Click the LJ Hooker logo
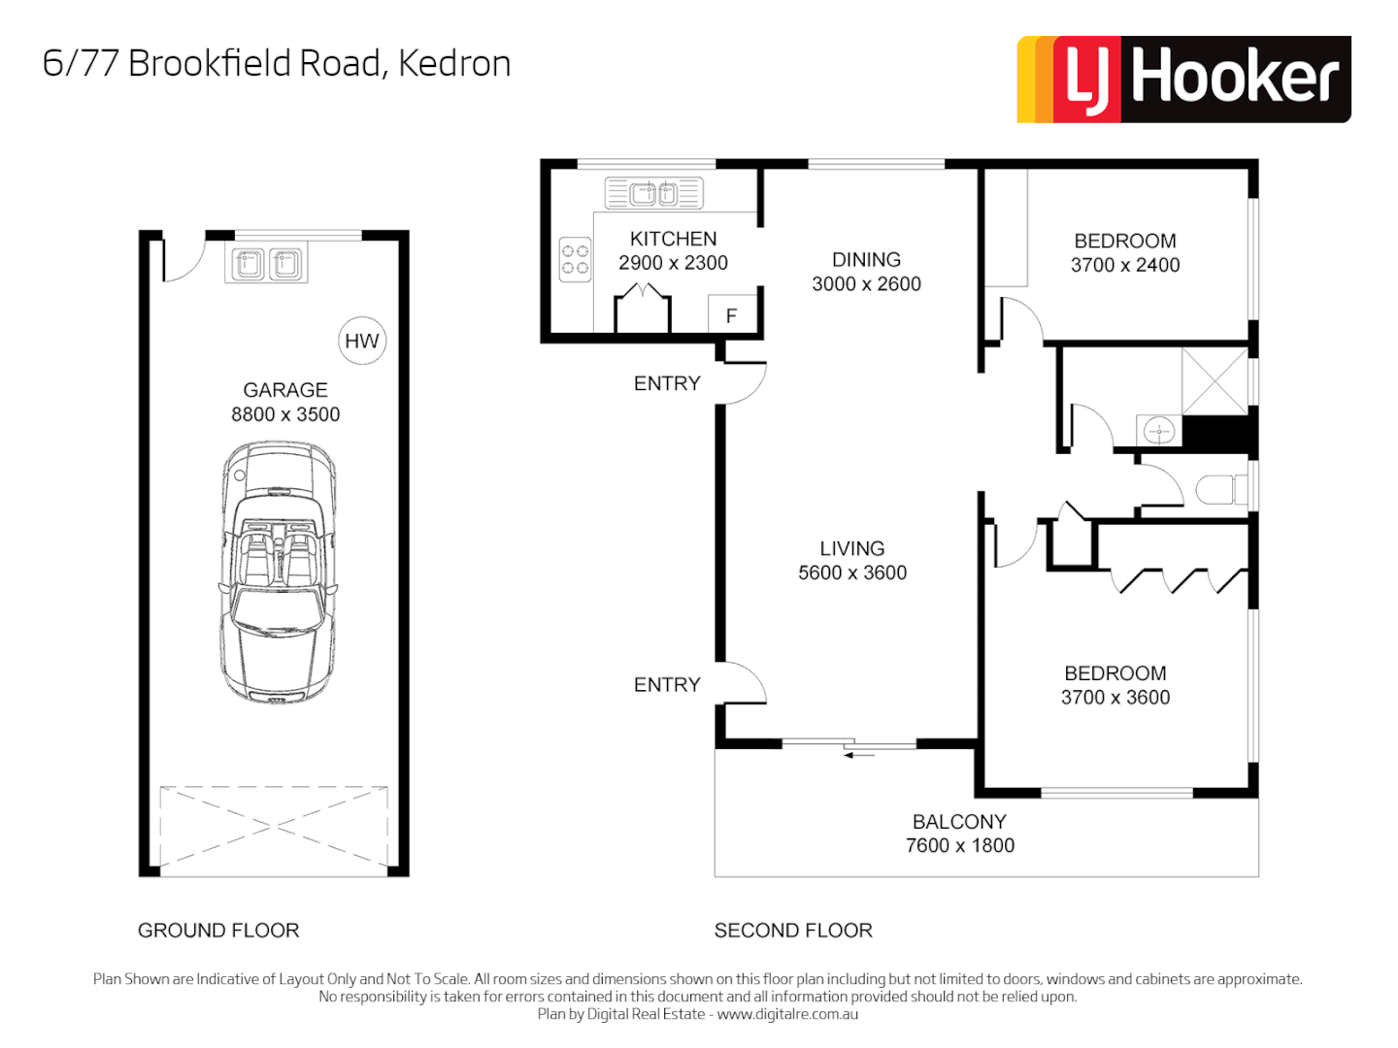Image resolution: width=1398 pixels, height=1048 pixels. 1183,80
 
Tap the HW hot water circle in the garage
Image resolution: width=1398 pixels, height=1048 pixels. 362,341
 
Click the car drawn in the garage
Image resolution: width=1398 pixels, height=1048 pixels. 279,572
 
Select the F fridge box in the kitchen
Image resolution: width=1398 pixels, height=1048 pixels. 731,314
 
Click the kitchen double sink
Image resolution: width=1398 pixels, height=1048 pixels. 653,194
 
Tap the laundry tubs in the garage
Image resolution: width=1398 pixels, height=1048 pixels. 266,263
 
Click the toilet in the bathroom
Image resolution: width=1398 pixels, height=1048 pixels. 1219,489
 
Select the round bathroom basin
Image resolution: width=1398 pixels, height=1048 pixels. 1158,430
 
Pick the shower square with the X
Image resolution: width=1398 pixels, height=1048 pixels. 1214,381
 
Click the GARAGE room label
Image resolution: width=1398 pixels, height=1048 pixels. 285,390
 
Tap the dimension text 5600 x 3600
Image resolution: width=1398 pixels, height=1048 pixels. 852,573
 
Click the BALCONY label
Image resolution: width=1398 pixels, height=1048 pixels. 959,822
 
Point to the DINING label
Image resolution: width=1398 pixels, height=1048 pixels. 866,260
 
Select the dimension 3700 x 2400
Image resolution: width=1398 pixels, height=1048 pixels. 1125,265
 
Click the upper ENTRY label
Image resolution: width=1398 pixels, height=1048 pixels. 667,384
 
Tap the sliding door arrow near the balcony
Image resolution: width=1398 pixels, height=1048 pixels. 858,754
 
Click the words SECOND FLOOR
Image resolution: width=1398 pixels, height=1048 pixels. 793,931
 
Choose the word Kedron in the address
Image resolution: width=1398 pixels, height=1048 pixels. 454,64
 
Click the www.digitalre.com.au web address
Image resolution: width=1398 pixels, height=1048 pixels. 787,1014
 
